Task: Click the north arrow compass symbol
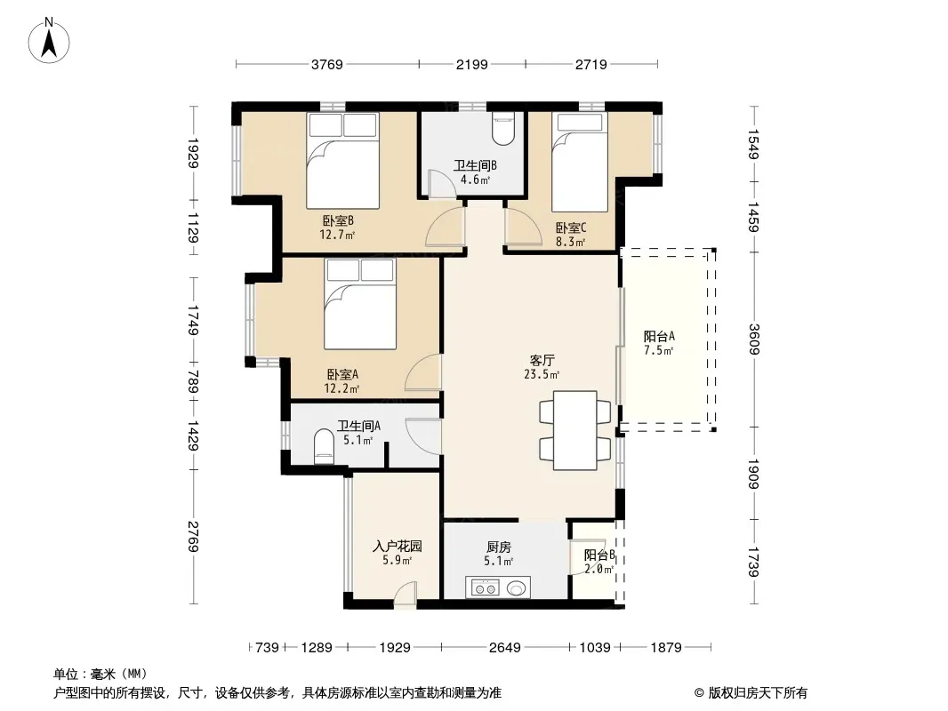[x=49, y=41]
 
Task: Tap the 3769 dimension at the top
[x=327, y=64]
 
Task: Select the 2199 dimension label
[x=472, y=64]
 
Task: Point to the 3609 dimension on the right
[x=754, y=340]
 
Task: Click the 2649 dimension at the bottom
[x=505, y=648]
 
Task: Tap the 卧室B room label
[x=338, y=221]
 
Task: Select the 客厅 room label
[x=542, y=361]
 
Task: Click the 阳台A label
[x=659, y=337]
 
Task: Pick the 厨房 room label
[x=499, y=547]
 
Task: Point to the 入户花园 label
[x=398, y=547]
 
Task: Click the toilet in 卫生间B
[x=503, y=128]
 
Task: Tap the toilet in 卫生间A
[x=324, y=447]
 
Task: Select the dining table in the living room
[x=575, y=430]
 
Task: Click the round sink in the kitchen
[x=516, y=587]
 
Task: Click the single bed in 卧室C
[x=580, y=162]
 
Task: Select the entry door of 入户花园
[x=405, y=595]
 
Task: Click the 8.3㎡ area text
[x=571, y=243]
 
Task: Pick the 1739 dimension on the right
[x=754, y=562]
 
